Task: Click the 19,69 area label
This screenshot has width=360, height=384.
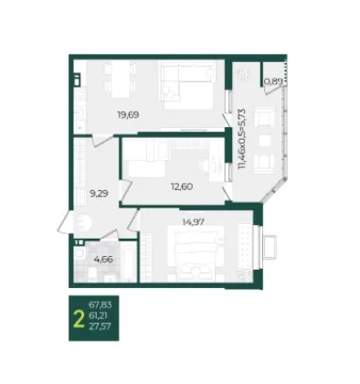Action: (x=128, y=115)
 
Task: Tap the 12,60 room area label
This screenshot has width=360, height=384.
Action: (x=182, y=187)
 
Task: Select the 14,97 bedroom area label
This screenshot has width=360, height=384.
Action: (x=194, y=222)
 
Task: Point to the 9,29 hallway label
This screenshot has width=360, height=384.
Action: (x=100, y=193)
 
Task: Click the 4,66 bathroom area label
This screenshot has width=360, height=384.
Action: (x=103, y=260)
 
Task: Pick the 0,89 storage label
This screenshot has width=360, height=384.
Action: (x=273, y=81)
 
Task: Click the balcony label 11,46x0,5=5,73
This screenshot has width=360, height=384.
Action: (x=242, y=139)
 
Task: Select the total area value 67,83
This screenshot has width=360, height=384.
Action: (x=100, y=304)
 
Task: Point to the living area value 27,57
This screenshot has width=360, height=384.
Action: (x=100, y=326)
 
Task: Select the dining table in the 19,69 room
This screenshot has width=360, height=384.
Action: (x=121, y=79)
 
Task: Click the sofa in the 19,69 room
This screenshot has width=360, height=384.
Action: (x=187, y=85)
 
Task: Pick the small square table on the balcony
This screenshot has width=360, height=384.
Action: (x=264, y=141)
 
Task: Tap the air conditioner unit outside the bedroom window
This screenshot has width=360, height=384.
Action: (x=270, y=247)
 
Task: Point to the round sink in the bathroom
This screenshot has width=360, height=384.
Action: (x=79, y=252)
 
